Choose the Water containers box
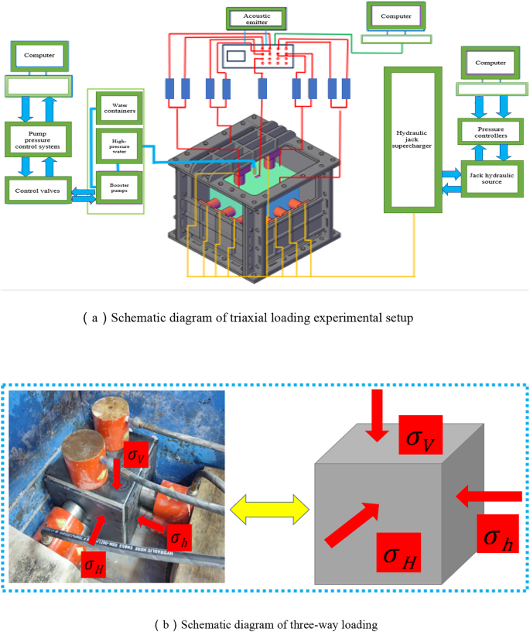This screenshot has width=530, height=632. (118, 109)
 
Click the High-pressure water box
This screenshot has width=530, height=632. (118, 147)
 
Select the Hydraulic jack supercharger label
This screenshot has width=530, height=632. (413, 138)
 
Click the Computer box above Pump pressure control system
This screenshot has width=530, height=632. (39, 56)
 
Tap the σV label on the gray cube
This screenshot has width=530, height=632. (419, 438)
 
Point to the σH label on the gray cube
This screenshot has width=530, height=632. (398, 549)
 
